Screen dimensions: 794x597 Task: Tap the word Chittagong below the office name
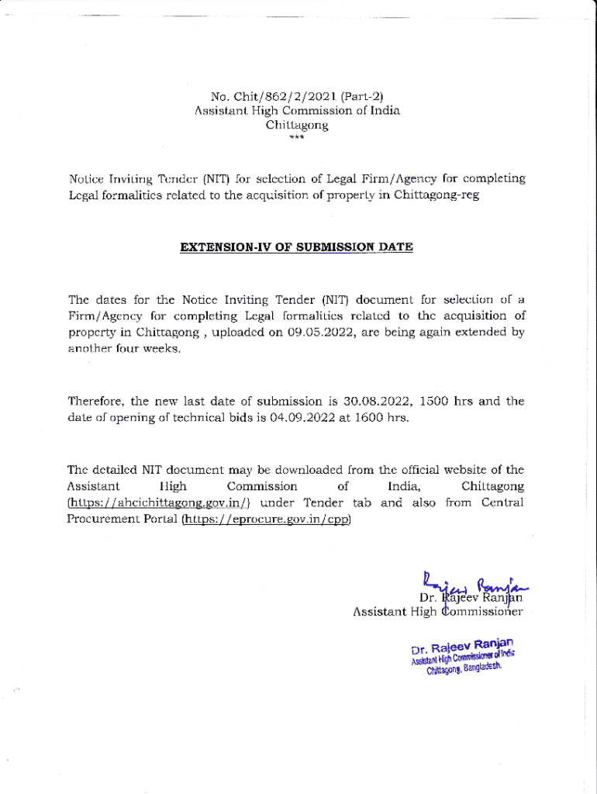(297, 124)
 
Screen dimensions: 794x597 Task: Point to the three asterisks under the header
(297, 138)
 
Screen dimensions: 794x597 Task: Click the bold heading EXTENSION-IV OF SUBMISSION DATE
(297, 247)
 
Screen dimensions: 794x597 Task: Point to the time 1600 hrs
(380, 418)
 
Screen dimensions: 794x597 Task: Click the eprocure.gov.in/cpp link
(266, 519)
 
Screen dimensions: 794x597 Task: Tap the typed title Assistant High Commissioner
(438, 613)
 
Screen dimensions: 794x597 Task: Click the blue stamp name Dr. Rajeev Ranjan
(462, 645)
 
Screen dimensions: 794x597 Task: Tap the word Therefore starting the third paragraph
(96, 402)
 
